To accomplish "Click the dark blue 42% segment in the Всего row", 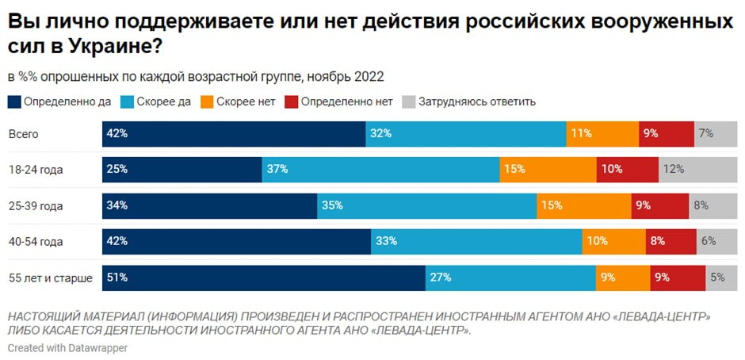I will (x=234, y=134).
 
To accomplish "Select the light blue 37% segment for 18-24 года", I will (x=380, y=170).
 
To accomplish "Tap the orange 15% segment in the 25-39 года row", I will (x=584, y=205).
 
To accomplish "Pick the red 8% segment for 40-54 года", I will (x=670, y=241).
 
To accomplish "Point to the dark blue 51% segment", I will (x=264, y=278).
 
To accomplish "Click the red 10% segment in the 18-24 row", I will (x=627, y=170).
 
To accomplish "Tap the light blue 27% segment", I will (x=510, y=278).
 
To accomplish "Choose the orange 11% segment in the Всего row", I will (x=602, y=134).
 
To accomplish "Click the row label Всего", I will (x=24, y=134).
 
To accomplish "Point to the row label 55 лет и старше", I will (x=50, y=278).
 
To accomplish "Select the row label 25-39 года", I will (x=35, y=205).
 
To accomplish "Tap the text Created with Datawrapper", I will (x=67, y=347).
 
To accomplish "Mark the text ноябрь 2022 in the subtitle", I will (x=350, y=77).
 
